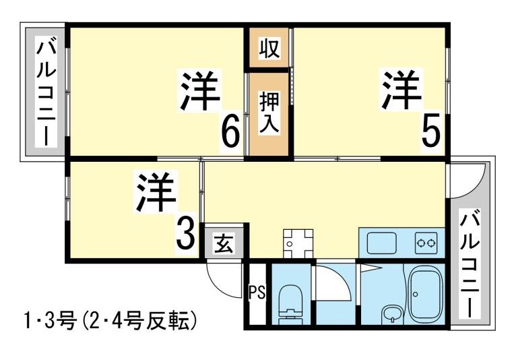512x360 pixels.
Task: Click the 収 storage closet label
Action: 269,49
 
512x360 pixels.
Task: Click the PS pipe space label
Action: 256,293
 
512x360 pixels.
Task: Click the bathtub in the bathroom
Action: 424,291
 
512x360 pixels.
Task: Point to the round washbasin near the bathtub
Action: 390,313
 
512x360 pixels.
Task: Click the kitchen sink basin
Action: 382,241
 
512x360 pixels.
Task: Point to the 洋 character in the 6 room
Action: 200,91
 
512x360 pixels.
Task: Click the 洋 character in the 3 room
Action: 156,193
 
